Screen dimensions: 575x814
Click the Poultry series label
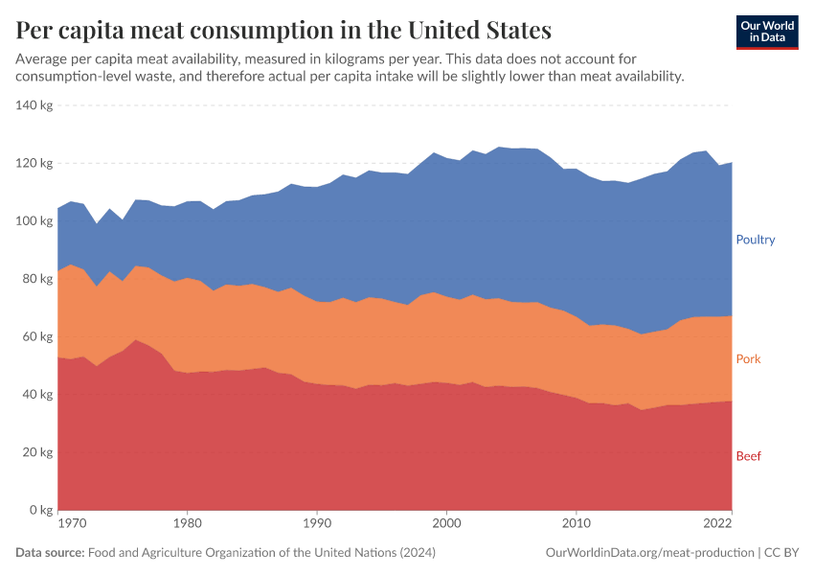(755, 240)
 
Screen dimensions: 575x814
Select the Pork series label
(748, 359)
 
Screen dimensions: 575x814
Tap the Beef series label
(748, 456)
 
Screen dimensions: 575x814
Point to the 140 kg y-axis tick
(34, 105)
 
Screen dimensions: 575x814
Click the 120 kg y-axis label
(34, 163)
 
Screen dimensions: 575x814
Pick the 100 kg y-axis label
(34, 221)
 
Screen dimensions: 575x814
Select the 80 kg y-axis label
(36, 279)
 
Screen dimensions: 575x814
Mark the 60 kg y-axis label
(36, 336)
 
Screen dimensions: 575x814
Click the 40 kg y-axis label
(36, 395)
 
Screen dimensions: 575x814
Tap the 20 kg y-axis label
(36, 452)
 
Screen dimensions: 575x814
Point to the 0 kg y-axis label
(40, 510)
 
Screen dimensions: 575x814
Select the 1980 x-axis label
(187, 524)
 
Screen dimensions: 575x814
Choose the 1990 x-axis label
(316, 524)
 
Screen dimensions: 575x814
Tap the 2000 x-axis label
(445, 524)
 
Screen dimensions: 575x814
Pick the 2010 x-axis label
(575, 524)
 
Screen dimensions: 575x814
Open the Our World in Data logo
(767, 32)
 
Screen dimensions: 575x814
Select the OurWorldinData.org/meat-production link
(648, 553)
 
